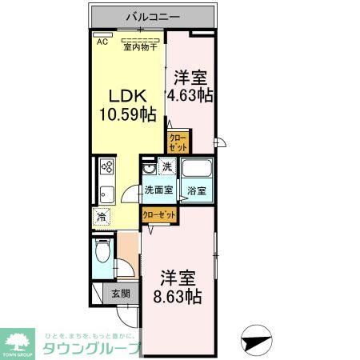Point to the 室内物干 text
tap(139, 46)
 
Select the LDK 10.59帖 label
tap(126, 104)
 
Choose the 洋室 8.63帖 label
tap(178, 286)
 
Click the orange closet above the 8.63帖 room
tap(159, 214)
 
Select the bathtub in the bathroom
tap(197, 170)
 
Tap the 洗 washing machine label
tap(167, 167)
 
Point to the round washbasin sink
tap(149, 171)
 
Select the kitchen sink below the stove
tap(106, 194)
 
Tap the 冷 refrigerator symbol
tap(102, 215)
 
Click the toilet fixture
tap(102, 254)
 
